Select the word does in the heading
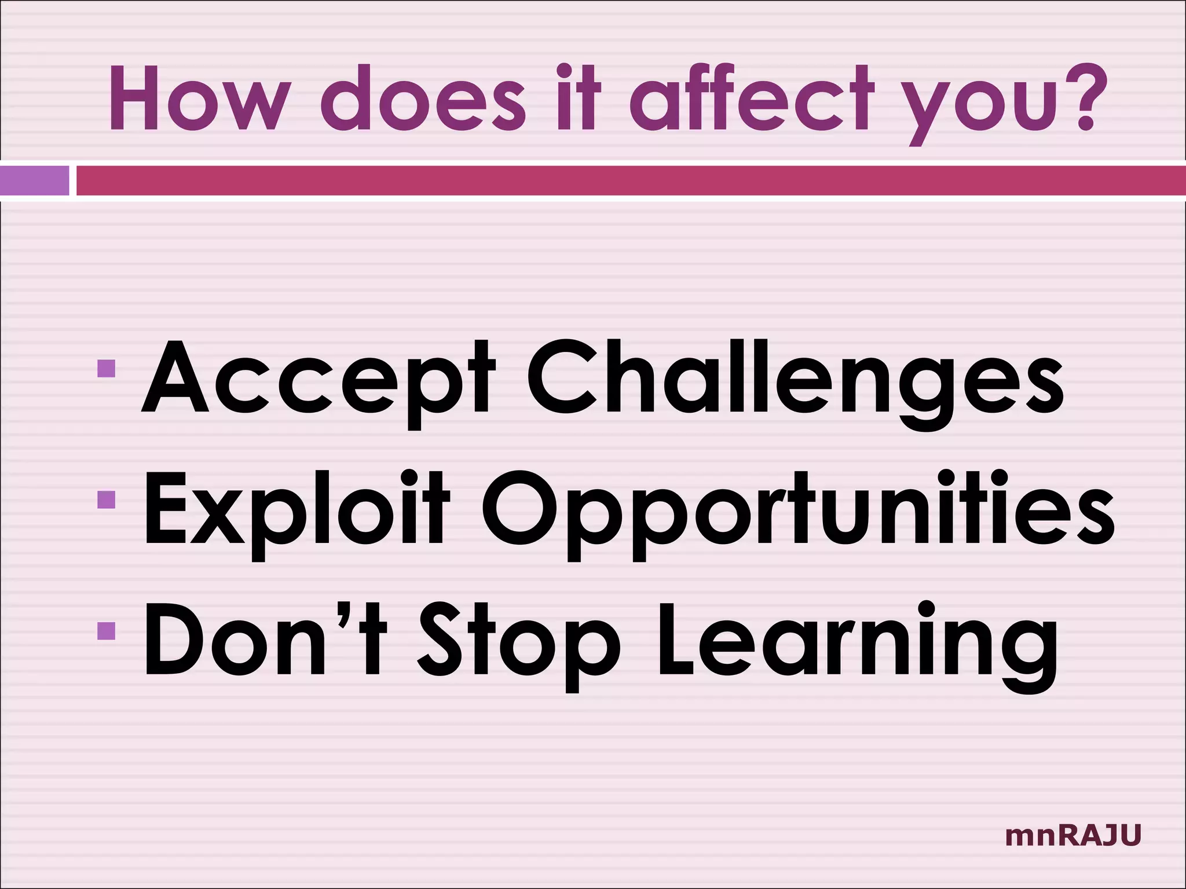tap(423, 98)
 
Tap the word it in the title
tap(579, 98)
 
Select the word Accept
tap(318, 379)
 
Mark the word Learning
tap(858, 642)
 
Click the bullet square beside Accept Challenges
tap(107, 368)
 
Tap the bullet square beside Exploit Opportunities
tap(107, 499)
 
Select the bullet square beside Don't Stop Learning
tap(107, 630)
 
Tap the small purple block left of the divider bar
tap(34, 181)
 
